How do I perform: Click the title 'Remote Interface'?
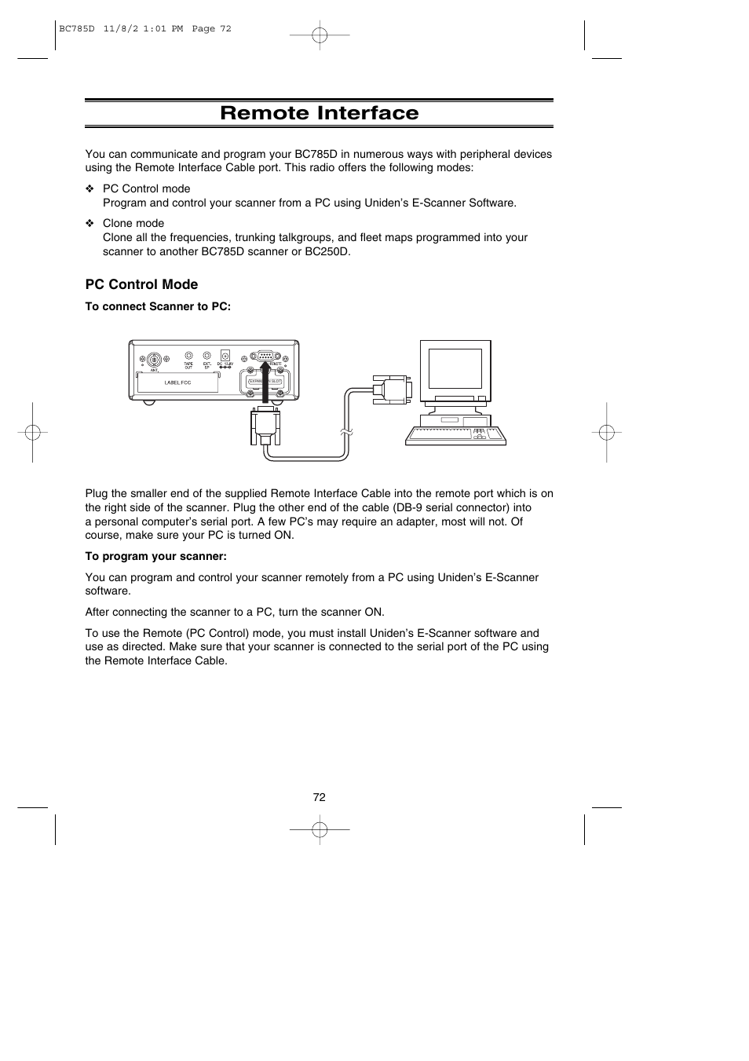tap(319, 113)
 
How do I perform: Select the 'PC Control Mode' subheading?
tap(141, 284)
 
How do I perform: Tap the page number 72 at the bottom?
tap(319, 797)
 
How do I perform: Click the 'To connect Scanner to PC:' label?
tap(158, 306)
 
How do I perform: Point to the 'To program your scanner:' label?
tap(155, 556)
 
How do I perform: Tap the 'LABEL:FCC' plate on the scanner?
tap(177, 382)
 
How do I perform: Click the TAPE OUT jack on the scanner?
tap(188, 356)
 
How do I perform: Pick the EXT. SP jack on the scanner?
tap(206, 356)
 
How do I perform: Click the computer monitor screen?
tap(455, 369)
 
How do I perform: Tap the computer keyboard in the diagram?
tap(455, 436)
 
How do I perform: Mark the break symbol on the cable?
tap(345, 432)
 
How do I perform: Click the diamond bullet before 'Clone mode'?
tap(90, 224)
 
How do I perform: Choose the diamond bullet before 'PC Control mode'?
tap(90, 189)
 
